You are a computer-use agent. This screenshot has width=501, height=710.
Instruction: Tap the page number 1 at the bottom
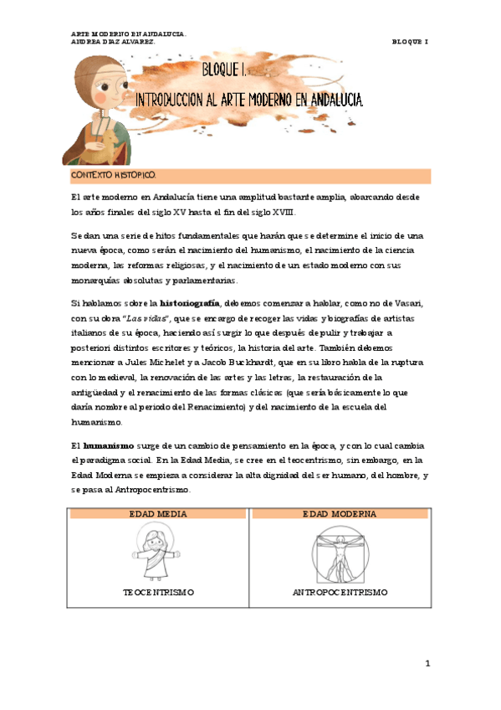click(427, 663)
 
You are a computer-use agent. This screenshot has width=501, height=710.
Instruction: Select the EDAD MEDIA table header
click(157, 513)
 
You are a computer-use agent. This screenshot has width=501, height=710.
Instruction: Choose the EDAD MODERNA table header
click(340, 513)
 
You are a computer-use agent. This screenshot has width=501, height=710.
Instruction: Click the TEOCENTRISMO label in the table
click(158, 592)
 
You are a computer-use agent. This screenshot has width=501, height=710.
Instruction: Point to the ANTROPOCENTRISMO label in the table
click(340, 592)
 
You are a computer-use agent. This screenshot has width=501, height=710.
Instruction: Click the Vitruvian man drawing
click(340, 553)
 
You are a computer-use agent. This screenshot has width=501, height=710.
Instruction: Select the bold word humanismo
click(104, 446)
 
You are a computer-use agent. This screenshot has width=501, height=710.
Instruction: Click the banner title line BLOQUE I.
click(230, 69)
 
